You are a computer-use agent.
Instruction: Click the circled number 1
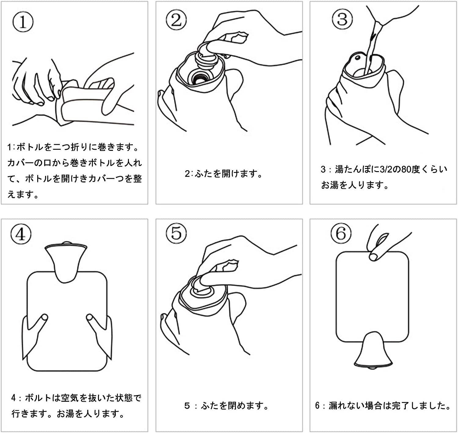pyautogui.click(x=22, y=22)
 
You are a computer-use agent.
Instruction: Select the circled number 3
pyautogui.click(x=342, y=19)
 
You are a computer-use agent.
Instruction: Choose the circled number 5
pyautogui.click(x=176, y=234)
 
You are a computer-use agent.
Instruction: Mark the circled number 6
pyautogui.click(x=341, y=234)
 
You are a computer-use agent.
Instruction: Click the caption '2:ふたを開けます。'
pyautogui.click(x=224, y=174)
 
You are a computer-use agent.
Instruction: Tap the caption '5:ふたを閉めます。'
pyautogui.click(x=227, y=406)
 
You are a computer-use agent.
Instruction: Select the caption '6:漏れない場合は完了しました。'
pyautogui.click(x=383, y=406)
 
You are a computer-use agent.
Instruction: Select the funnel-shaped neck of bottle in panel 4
pyautogui.click(x=65, y=260)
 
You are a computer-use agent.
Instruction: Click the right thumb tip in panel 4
pyautogui.click(x=90, y=318)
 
